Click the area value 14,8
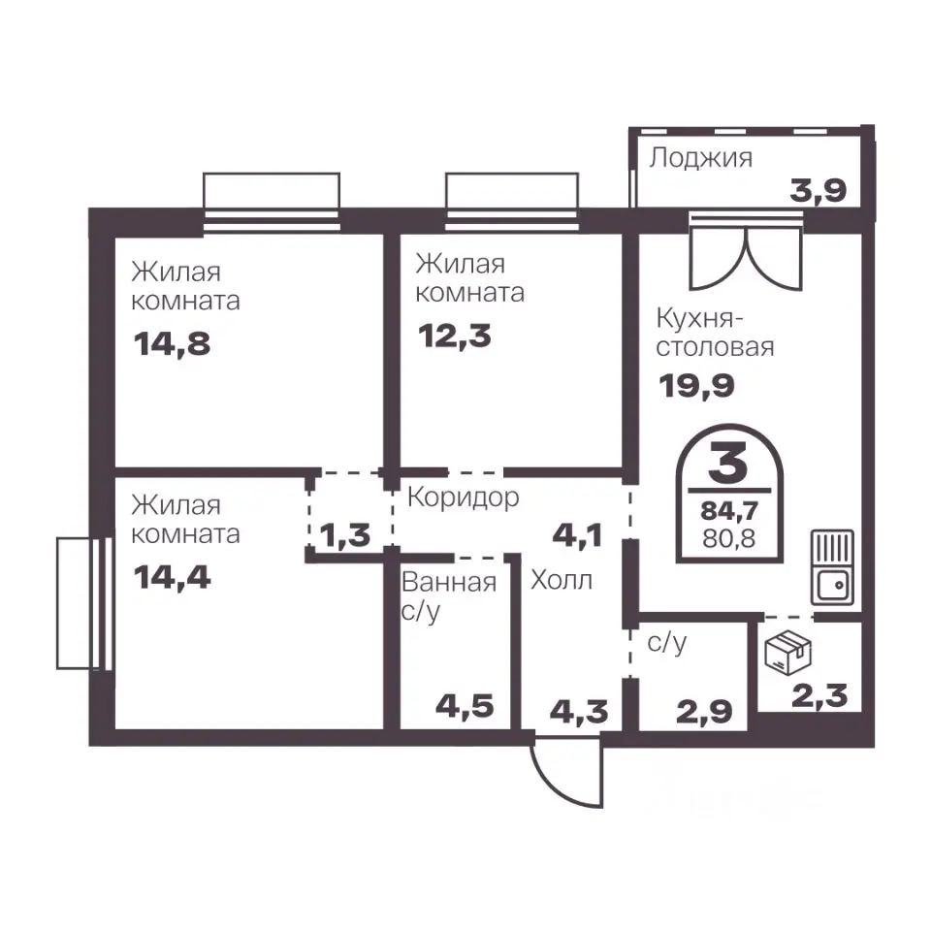pyautogui.click(x=173, y=344)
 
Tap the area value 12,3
pyautogui.click(x=455, y=337)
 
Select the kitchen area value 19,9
pyautogui.click(x=696, y=386)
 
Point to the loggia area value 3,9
pyautogui.click(x=818, y=191)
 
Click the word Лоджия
pyautogui.click(x=700, y=158)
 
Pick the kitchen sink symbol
pyautogui.click(x=832, y=567)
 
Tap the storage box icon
pyautogui.click(x=788, y=652)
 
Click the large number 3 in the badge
pyautogui.click(x=728, y=465)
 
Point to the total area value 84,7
pyautogui.click(x=729, y=511)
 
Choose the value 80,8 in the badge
pyautogui.click(x=729, y=538)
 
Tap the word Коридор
pyautogui.click(x=464, y=498)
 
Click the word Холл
pyautogui.click(x=562, y=580)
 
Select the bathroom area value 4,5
pyautogui.click(x=465, y=707)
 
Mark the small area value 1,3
pyautogui.click(x=345, y=535)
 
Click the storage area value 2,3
pyautogui.click(x=819, y=696)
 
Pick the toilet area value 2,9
pyautogui.click(x=704, y=711)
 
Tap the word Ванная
pyautogui.click(x=449, y=583)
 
